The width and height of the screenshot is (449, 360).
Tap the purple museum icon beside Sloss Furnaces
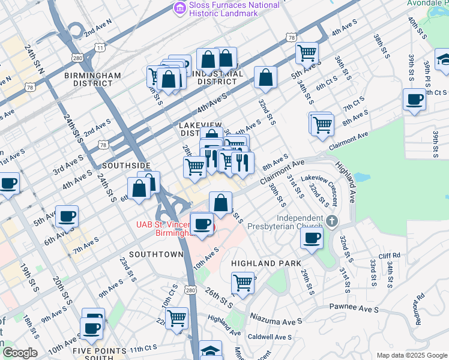[179, 8]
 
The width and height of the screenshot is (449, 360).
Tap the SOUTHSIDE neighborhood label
[126, 165]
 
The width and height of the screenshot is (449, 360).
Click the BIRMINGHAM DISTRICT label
[94, 79]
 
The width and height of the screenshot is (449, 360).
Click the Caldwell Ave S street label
[270, 337]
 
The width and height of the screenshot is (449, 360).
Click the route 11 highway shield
[100, 47]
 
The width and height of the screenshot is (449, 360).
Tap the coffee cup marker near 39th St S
[414, 100]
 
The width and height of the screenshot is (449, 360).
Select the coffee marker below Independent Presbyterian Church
[312, 238]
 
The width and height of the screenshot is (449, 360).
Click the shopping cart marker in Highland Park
[243, 281]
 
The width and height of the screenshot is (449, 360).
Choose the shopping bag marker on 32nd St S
[265, 77]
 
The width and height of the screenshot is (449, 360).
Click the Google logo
[20, 353]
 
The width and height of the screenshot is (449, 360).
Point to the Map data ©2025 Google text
[411, 355]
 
